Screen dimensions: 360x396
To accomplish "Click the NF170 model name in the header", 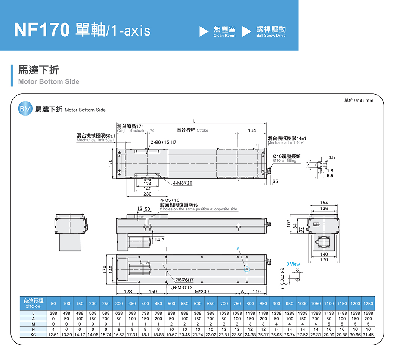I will pos(42,30).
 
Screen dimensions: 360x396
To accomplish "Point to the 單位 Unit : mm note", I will pos(359,101).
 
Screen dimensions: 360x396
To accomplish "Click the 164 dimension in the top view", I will pos(252,130).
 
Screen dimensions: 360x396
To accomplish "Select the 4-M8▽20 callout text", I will pos(183,183).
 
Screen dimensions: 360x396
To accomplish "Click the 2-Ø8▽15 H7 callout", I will pos(164,142).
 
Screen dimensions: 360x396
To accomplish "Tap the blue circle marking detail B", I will pos(247,269).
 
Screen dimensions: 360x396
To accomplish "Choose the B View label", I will pos(293,264).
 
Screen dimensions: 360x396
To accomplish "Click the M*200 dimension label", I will pos(202,292).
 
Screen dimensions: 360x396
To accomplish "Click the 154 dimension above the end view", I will pos(324,203).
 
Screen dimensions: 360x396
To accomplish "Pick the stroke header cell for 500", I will pos(172,303).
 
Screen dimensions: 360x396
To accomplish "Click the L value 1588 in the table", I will pos(368,313).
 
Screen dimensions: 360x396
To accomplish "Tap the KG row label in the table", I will pos(34,335).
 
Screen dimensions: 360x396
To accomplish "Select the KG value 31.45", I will pos(368,335).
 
